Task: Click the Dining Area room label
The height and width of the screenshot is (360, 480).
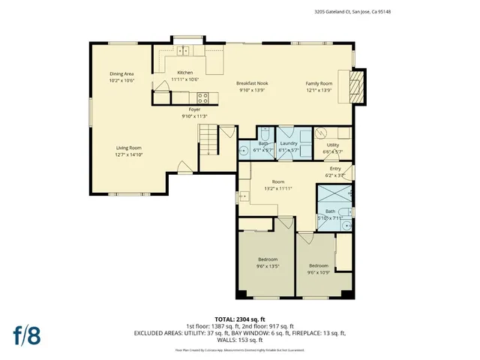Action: tap(121, 73)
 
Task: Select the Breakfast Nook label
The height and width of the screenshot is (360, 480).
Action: tap(252, 82)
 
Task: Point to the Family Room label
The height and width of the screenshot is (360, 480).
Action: tap(319, 82)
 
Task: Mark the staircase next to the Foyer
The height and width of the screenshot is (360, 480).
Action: tap(207, 138)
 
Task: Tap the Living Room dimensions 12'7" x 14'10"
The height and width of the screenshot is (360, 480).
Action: tap(129, 154)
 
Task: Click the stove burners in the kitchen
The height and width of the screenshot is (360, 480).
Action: tap(202, 96)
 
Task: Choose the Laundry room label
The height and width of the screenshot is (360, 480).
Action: tap(289, 142)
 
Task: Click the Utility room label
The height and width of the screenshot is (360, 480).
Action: tap(332, 145)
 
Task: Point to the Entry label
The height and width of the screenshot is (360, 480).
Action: tap(335, 169)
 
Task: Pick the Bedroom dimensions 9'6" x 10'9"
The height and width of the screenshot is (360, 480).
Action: tap(318, 271)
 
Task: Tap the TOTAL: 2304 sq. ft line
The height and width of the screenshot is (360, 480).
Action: tap(239, 319)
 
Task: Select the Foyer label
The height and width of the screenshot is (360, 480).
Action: tap(194, 109)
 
